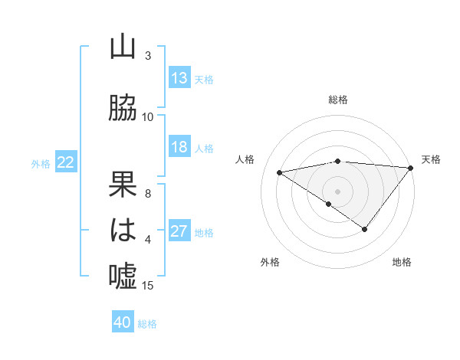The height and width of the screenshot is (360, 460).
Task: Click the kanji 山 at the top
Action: (123, 47)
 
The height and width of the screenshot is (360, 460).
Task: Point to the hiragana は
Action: (123, 230)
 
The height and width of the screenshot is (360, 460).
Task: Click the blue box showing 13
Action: (179, 78)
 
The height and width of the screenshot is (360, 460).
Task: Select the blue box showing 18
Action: (179, 147)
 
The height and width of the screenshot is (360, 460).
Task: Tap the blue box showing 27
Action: (179, 231)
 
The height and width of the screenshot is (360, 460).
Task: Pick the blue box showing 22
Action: (66, 162)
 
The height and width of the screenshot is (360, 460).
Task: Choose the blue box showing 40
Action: (123, 322)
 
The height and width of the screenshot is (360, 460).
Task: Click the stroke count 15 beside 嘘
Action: (148, 286)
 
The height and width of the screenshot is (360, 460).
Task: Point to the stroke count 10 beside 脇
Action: (148, 117)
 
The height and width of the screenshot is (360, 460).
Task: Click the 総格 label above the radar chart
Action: (338, 100)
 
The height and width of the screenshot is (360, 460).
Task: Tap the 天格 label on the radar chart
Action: (431, 159)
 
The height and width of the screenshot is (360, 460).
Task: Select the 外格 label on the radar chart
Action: (270, 262)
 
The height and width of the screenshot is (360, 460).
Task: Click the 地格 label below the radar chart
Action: (402, 262)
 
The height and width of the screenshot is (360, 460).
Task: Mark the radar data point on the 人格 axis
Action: (280, 172)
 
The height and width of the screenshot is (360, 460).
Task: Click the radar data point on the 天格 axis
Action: (412, 167)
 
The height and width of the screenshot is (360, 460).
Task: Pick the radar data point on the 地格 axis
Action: (365, 229)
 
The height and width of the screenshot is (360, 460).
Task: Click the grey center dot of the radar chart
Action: (337, 190)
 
